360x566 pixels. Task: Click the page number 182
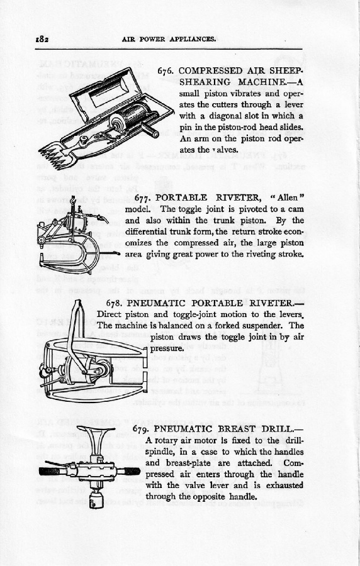click(x=43, y=40)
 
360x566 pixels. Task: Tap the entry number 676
click(x=166, y=70)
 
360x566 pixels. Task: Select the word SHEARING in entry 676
click(x=205, y=82)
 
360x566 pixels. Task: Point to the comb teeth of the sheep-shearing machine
click(x=53, y=155)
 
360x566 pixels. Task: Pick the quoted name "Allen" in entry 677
click(x=287, y=198)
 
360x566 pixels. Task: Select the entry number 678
click(x=115, y=303)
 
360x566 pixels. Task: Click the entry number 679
click(x=142, y=428)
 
